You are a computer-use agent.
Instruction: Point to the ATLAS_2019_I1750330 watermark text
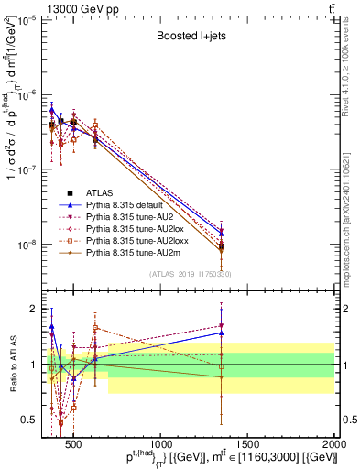190,274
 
